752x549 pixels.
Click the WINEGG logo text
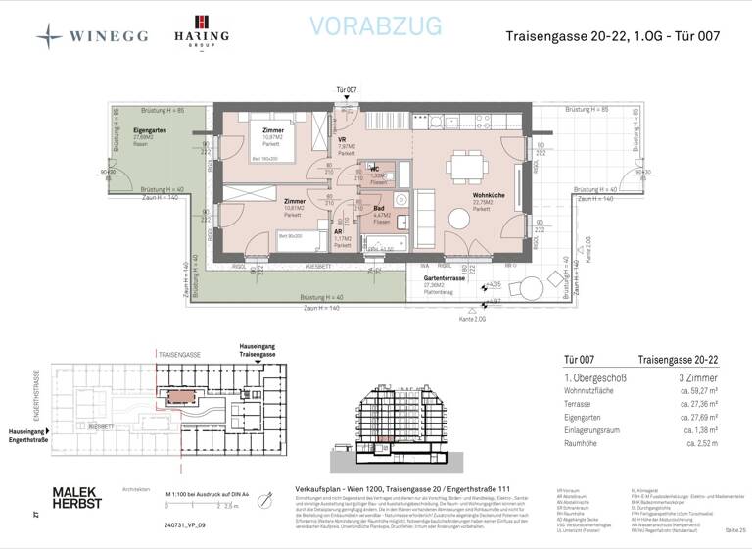pyautogui.click(x=108, y=36)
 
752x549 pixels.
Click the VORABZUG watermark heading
pyautogui.click(x=375, y=26)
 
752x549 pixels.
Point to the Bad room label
pyautogui.click(x=379, y=208)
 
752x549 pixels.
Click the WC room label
pyautogui.click(x=375, y=169)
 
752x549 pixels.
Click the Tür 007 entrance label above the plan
pyautogui.click(x=347, y=89)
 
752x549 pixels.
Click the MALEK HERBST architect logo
pyautogui.click(x=77, y=499)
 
